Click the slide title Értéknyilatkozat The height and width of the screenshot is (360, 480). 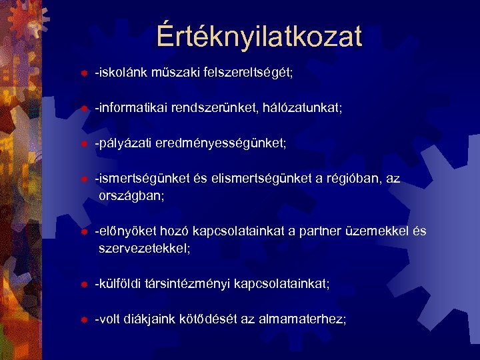pyautogui.click(x=259, y=36)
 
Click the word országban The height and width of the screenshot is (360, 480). pyautogui.click(x=133, y=196)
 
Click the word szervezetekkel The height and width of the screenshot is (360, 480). pyautogui.click(x=145, y=249)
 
